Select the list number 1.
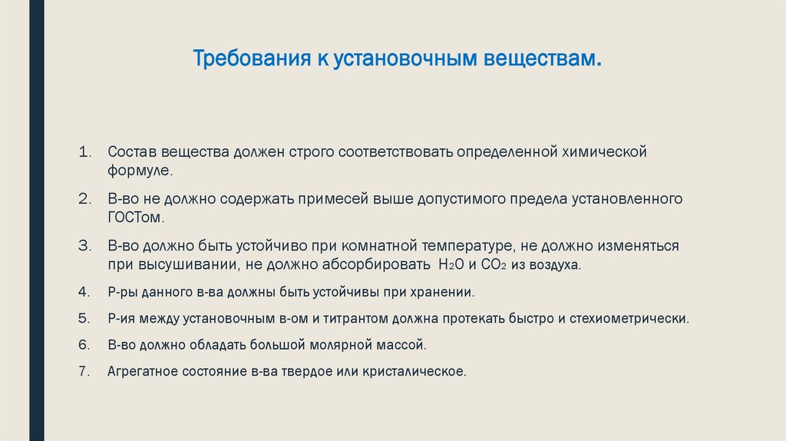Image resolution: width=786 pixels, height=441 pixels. click(85, 151)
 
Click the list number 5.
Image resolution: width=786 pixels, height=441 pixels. click(85, 317)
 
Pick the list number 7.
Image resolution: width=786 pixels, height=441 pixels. click(85, 371)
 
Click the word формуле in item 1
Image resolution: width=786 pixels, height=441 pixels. click(139, 171)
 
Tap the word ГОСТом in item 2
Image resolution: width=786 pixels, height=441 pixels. click(136, 217)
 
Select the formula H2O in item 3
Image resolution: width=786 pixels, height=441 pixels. click(450, 265)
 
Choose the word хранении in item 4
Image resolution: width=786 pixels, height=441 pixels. click(444, 292)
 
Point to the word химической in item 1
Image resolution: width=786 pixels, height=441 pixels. click(604, 151)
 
